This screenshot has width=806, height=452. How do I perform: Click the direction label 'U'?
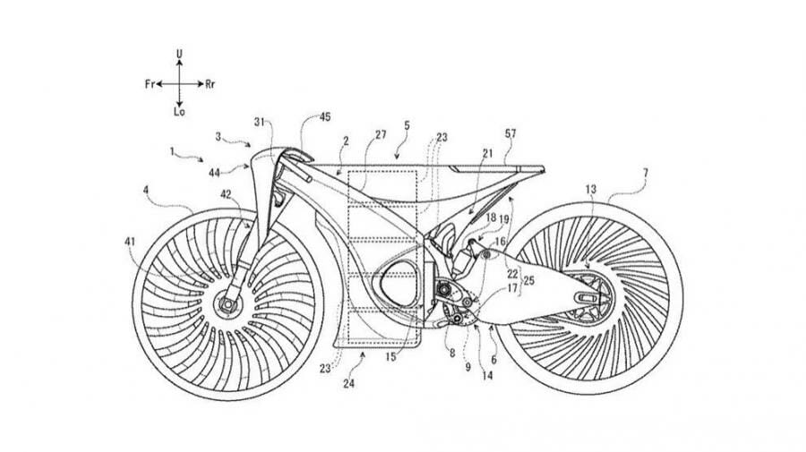click(179, 55)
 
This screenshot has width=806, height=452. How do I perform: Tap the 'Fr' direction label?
click(149, 83)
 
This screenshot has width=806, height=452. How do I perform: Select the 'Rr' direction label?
click(210, 83)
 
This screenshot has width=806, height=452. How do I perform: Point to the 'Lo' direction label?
click(179, 113)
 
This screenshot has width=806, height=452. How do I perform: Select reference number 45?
click(324, 116)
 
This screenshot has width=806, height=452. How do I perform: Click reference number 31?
click(259, 124)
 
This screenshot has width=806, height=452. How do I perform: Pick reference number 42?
click(226, 192)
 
